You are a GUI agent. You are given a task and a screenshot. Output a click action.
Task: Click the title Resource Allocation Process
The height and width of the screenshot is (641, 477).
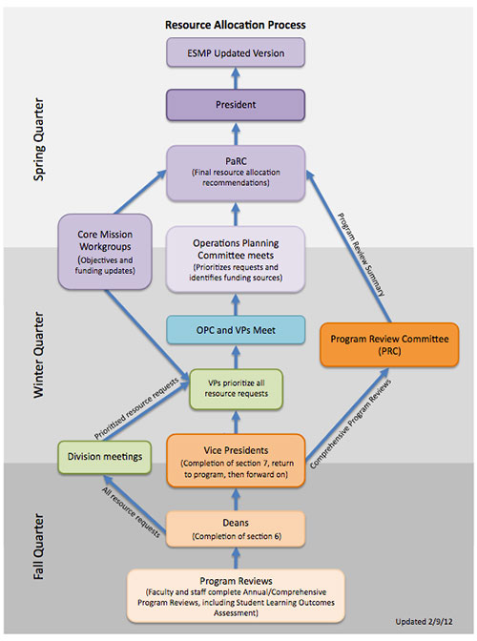[235, 22]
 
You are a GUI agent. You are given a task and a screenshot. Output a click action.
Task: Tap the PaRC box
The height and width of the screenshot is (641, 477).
[235, 173]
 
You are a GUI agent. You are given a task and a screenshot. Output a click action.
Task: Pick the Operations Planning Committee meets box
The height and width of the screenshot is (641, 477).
[235, 258]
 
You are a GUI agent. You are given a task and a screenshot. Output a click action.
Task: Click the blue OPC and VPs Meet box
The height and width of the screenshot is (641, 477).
[235, 330]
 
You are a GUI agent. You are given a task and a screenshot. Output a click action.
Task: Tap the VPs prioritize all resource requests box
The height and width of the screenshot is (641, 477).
[235, 387]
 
